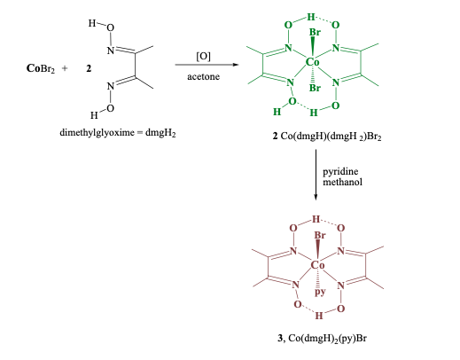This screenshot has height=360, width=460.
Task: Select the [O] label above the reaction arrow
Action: [203, 56]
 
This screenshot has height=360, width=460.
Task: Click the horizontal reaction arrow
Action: [205, 67]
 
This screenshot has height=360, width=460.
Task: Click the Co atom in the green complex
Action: [312, 63]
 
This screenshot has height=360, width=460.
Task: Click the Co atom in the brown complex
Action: [318, 265]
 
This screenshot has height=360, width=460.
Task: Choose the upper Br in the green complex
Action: [315, 35]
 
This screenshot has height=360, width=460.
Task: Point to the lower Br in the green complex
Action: [313, 90]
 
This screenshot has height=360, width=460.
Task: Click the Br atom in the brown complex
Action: [321, 236]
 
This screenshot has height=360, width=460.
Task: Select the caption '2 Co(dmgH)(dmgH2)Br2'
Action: [315, 133]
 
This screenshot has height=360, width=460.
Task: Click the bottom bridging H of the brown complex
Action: [318, 315]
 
